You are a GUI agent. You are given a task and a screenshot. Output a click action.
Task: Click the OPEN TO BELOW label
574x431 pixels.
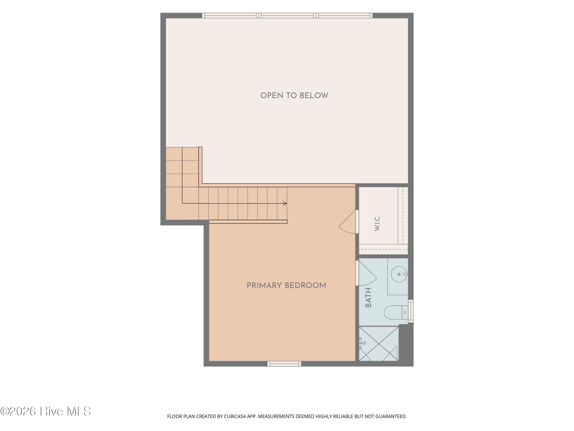pos(294,96)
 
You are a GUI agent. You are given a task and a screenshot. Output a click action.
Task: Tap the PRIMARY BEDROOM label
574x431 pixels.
pos(286,286)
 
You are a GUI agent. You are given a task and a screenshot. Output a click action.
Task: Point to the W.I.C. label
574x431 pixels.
pos(377,223)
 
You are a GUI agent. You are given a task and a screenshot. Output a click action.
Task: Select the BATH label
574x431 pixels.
pos(368,297)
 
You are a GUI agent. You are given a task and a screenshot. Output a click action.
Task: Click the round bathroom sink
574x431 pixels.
pos(399,274)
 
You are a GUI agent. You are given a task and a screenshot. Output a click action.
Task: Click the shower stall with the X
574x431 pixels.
pos(379,344)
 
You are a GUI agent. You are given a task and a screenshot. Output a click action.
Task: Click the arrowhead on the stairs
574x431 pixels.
pos(285,203)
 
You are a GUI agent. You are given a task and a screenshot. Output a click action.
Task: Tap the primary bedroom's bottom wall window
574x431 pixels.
pos(284,364)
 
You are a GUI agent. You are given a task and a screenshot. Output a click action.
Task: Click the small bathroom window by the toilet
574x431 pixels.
pos(411,311)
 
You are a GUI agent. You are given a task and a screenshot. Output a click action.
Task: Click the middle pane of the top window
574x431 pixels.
pos(287,16)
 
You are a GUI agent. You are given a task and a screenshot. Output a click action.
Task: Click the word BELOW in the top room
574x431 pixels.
pos(314,96)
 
